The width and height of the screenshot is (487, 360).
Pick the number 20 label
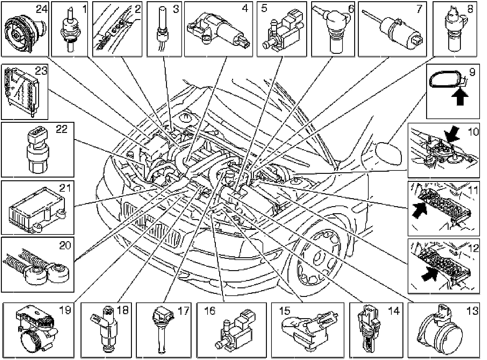(65, 246)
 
